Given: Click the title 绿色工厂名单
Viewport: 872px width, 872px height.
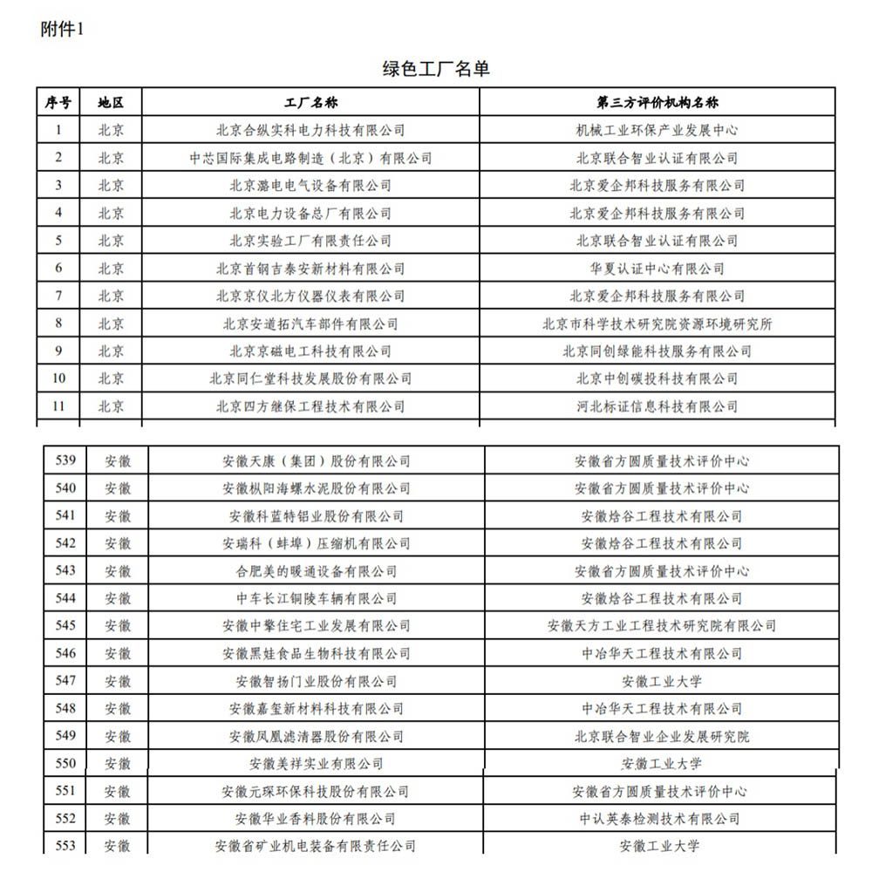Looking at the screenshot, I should pos(436,69).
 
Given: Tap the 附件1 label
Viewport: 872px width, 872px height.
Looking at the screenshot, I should pos(62,29).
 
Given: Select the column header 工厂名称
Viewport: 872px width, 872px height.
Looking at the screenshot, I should pos(310,102).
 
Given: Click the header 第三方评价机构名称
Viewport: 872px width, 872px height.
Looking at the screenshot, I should pos(657,102).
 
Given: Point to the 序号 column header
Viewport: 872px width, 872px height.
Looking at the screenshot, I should pos(58,102).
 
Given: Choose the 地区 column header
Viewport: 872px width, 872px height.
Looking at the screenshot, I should pos(111,102).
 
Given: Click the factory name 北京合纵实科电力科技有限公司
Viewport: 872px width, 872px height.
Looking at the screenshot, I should pos(310,130).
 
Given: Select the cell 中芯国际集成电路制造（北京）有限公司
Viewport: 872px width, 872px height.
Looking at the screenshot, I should pos(310,158).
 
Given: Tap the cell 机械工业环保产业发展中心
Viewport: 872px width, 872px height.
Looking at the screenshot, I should pos(657,130).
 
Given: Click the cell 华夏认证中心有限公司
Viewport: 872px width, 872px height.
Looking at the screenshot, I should pos(657,269).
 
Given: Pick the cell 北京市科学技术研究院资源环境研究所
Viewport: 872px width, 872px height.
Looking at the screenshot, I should pos(657,324).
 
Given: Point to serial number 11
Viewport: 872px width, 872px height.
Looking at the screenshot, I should pos(58,406).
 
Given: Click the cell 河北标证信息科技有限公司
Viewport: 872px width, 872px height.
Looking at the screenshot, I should pos(657,406).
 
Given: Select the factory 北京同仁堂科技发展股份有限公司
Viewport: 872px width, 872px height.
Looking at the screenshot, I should pos(310,378).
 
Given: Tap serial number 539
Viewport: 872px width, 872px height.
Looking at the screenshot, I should pos(65,460).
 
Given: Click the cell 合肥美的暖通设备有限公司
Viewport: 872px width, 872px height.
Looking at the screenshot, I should pos(316,571).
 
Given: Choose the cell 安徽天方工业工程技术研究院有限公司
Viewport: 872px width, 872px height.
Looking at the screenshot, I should pos(661,626).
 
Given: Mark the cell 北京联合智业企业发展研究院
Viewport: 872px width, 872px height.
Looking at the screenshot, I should pos(661,737).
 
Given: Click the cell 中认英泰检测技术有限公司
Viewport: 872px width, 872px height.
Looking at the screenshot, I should pos(661,819).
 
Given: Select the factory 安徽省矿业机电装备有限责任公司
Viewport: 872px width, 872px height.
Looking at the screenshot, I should pos(316,846).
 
